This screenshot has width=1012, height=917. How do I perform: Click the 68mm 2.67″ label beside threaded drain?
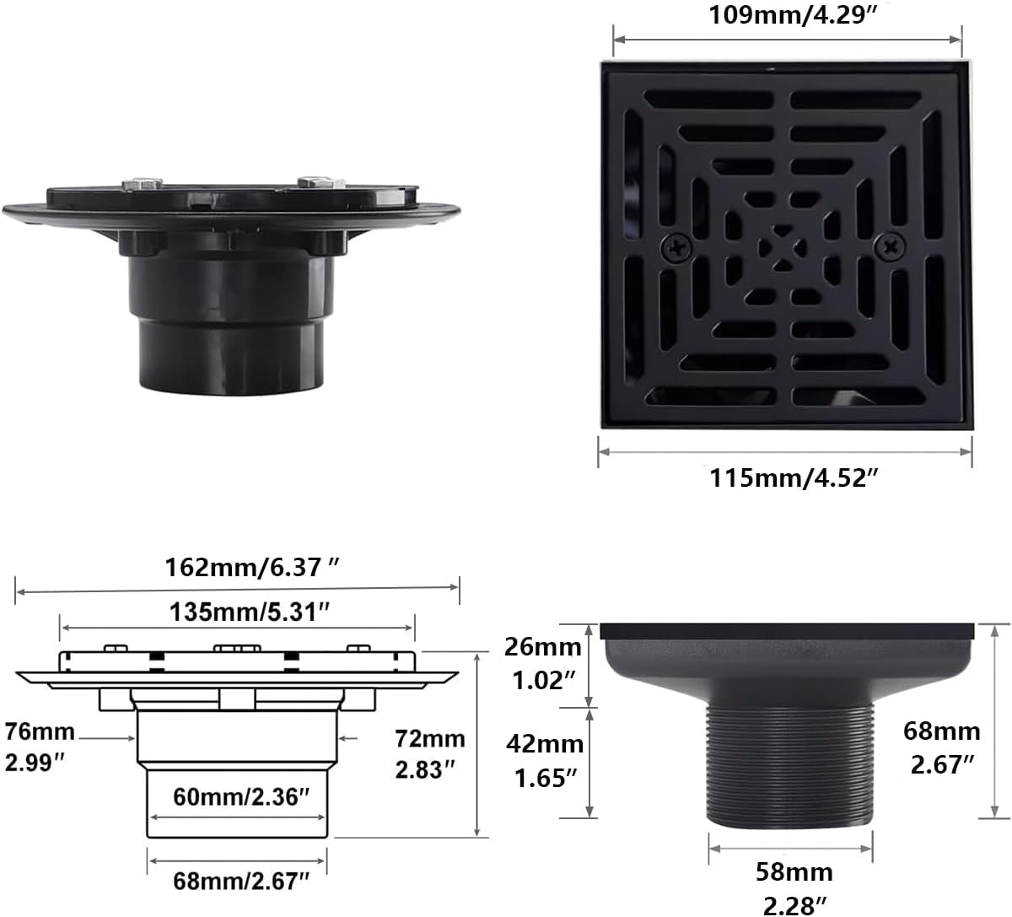coord(941,747)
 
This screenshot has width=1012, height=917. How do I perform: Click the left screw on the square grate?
coord(676,247)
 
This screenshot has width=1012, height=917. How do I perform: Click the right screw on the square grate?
coord(891,247)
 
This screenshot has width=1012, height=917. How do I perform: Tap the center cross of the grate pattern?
coord(783,247)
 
